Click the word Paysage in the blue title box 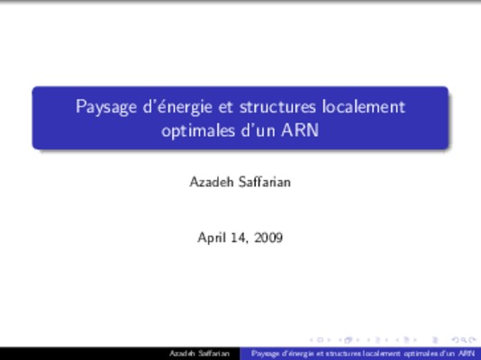(x=106, y=107)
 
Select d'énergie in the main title (x=177, y=107)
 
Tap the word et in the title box (x=226, y=107)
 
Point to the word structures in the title (x=277, y=107)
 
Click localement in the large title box (x=364, y=106)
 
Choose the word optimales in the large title (x=198, y=131)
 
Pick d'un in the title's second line (x=258, y=130)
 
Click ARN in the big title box (x=300, y=130)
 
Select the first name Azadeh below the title (x=212, y=182)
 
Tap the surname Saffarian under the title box (x=265, y=182)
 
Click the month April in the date (x=212, y=238)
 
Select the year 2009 (x=268, y=238)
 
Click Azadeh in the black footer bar (x=182, y=354)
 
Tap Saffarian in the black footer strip (x=213, y=354)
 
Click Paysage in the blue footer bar (x=264, y=354)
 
